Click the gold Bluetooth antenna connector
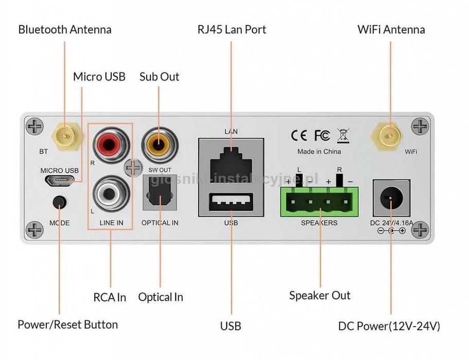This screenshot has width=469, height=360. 64,136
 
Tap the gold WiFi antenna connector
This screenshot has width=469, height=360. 390,136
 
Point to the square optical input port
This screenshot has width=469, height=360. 160,192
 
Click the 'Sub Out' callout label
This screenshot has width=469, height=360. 159,77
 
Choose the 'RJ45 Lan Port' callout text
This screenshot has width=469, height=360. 232,29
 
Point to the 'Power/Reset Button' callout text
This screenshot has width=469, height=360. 67,325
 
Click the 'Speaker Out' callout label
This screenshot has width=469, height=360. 319,295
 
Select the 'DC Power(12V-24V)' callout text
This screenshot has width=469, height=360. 389,326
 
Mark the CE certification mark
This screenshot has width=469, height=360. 299,135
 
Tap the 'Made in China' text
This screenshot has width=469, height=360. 319,152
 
